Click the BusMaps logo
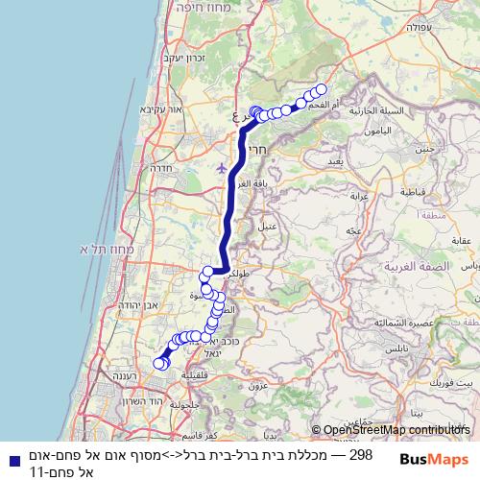click(435, 459)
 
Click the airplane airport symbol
click(224, 167)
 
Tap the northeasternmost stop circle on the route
click(321, 90)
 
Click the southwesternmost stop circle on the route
click(159, 363)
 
